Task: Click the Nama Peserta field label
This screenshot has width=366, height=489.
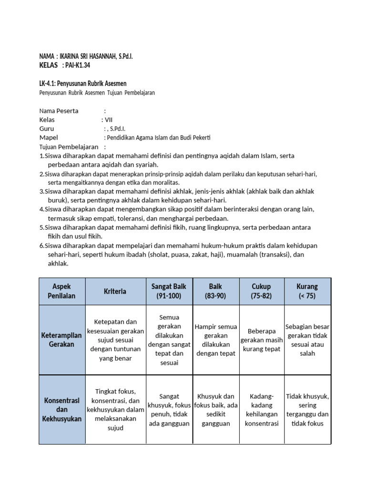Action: (x=59, y=111)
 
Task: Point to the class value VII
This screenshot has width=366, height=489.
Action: (x=109, y=120)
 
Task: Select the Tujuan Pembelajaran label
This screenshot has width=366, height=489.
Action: (x=69, y=147)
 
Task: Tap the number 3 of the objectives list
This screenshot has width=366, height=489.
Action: (x=41, y=191)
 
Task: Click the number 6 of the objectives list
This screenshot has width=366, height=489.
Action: (x=41, y=245)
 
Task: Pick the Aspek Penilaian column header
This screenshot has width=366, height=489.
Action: (x=61, y=291)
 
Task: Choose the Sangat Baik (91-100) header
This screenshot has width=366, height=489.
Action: (x=169, y=291)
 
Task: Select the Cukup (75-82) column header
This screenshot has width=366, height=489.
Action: (x=261, y=291)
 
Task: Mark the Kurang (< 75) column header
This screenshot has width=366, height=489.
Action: (x=307, y=291)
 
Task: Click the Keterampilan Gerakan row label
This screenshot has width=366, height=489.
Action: (x=61, y=340)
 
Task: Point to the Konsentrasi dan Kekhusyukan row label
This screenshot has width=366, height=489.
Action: (x=61, y=410)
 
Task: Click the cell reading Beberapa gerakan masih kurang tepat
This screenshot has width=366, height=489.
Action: (x=261, y=340)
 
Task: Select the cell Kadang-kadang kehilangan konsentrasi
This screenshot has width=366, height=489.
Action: (x=261, y=410)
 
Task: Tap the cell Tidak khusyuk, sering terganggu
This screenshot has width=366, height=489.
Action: (x=307, y=410)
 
